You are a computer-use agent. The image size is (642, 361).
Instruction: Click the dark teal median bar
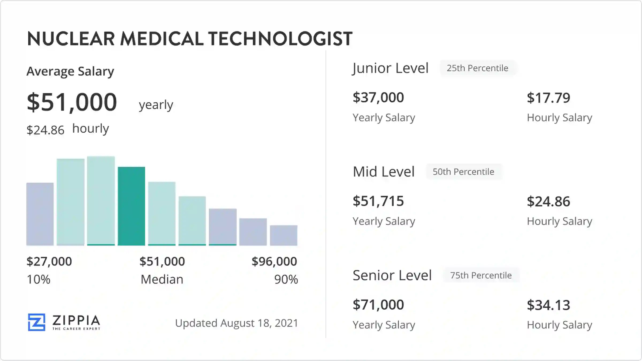131,206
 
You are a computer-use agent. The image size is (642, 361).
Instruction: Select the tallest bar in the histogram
101,201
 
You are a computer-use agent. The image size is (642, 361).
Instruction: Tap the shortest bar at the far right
284,235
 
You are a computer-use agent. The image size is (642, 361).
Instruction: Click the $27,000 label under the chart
49,261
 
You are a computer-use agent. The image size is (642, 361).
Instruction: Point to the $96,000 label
274,261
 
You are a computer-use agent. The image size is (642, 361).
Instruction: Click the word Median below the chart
162,279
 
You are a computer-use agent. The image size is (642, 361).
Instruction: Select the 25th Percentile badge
477,68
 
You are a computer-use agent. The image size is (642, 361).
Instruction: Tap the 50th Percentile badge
463,172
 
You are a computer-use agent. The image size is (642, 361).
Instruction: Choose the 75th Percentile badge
481,275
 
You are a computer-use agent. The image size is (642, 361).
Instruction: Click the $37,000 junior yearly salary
378,97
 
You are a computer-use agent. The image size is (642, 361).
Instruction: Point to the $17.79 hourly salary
548,98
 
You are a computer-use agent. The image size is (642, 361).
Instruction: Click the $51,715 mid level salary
378,201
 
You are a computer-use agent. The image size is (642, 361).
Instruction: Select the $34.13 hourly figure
548,305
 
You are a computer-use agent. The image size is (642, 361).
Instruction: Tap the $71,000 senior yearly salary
378,305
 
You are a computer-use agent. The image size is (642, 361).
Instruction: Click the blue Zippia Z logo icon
37,322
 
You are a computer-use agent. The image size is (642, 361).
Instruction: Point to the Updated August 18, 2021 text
236,323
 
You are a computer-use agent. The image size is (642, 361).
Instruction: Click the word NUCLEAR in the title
71,39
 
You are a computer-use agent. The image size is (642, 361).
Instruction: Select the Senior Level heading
392,275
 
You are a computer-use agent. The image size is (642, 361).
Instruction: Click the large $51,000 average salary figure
72,102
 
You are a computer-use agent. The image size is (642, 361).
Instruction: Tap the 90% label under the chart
286,279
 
